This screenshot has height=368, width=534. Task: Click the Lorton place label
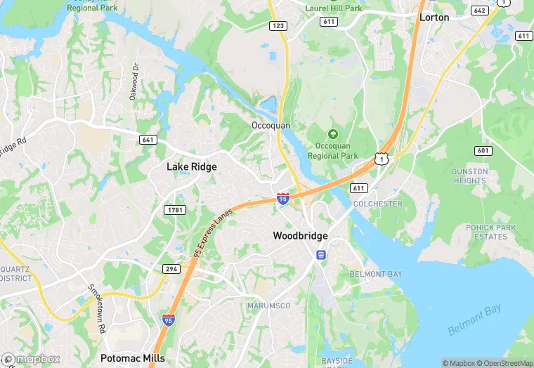tap(434, 17)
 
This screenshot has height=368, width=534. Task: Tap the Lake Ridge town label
tap(191, 167)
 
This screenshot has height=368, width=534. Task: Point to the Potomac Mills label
tap(133, 358)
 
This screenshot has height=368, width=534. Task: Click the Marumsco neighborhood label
tap(268, 306)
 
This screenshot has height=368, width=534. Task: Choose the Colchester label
tap(378, 204)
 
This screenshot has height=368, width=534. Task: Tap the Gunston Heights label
tap(469, 176)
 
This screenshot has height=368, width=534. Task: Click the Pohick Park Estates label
tap(490, 232)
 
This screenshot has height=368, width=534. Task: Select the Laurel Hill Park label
tap(334, 8)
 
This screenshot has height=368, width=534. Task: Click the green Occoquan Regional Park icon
tap(332, 134)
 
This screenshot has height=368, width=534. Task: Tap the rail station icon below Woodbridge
tap(320, 254)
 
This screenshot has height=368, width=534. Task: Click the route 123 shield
tap(278, 25)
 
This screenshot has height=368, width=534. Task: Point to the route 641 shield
tap(148, 139)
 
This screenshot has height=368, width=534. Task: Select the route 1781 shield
tap(174, 210)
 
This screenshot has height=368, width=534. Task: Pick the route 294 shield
tap(171, 269)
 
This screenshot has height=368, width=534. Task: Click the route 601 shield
tap(483, 150)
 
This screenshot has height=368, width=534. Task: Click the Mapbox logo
tap(31, 359)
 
